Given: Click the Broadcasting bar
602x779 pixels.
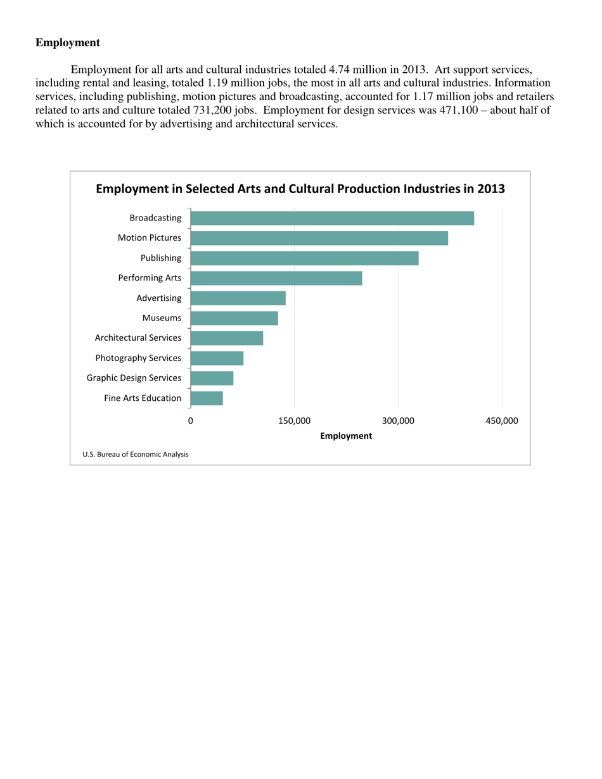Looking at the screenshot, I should (332, 218).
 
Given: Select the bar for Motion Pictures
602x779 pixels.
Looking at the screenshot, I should (319, 238).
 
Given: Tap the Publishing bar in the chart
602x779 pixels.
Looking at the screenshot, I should (304, 258).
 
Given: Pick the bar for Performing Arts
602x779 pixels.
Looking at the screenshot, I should (276, 278).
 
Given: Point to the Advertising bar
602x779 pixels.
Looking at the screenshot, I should (238, 298).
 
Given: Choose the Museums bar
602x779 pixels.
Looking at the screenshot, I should (234, 318).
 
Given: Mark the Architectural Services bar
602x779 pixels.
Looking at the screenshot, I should (226, 338).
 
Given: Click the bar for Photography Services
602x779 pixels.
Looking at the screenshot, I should (217, 358).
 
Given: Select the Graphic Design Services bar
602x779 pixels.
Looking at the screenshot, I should (212, 378).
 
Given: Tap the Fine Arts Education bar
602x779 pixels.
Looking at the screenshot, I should (207, 398).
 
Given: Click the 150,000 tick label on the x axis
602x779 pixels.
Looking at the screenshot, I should (295, 421).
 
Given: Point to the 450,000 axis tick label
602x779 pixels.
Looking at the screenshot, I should (502, 421).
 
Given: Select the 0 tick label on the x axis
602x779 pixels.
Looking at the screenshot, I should (191, 421).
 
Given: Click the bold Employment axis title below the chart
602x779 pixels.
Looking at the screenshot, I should (346, 436).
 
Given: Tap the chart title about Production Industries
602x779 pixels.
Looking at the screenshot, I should (300, 189).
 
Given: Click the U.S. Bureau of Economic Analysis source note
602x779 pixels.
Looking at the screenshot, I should (135, 454).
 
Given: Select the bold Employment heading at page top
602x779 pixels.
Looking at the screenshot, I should (67, 43).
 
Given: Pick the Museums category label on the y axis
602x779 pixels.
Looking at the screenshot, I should (162, 318).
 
